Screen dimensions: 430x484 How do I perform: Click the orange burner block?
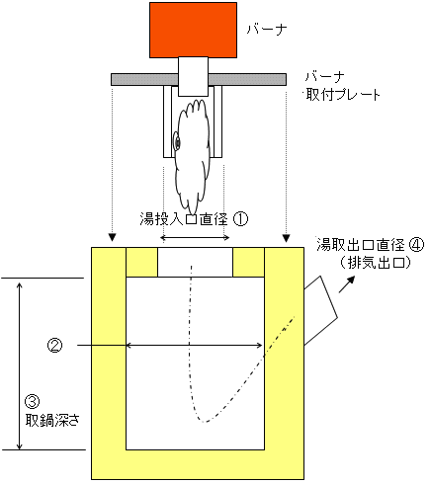tap(193, 30)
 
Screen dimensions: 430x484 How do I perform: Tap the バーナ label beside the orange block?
tap(267, 30)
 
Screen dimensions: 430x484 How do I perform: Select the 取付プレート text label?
tap(343, 95)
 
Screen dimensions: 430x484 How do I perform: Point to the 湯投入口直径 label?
tap(184, 219)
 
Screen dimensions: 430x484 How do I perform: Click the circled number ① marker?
tap(240, 219)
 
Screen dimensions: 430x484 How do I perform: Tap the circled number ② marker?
tap(54, 346)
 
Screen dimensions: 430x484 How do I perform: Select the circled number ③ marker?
tap(33, 401)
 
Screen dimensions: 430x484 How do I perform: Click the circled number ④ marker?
tap(416, 245)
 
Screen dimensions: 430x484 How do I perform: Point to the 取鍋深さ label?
tap(52, 420)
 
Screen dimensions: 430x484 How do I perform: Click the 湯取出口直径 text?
tap(361, 245)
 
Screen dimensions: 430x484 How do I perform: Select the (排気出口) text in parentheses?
tap(375, 263)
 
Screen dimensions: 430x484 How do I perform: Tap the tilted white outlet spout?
tap(319, 310)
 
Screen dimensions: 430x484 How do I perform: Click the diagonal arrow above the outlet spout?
tap(347, 284)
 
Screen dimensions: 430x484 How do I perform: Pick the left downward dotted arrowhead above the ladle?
tap(113, 238)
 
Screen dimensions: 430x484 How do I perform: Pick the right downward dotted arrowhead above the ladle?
tap(286, 238)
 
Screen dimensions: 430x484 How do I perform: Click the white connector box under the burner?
tap(193, 76)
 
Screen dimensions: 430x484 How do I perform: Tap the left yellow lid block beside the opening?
tap(141, 262)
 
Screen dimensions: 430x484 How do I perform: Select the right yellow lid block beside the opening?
tap(248, 262)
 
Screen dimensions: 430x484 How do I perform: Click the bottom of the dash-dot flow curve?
tap(205, 422)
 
